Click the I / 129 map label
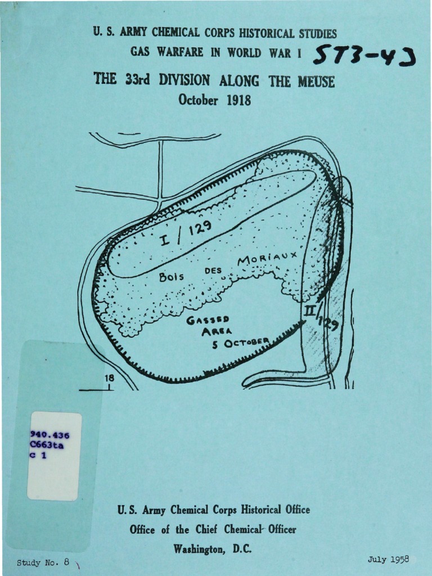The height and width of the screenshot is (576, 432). click(x=183, y=233)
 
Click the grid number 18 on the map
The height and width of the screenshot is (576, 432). click(x=109, y=379)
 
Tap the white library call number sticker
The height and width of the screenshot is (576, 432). click(x=55, y=456)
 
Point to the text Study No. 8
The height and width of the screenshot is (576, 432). click(x=43, y=562)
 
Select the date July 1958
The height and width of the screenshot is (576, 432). click(x=388, y=559)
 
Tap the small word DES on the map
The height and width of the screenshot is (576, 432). click(x=210, y=271)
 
